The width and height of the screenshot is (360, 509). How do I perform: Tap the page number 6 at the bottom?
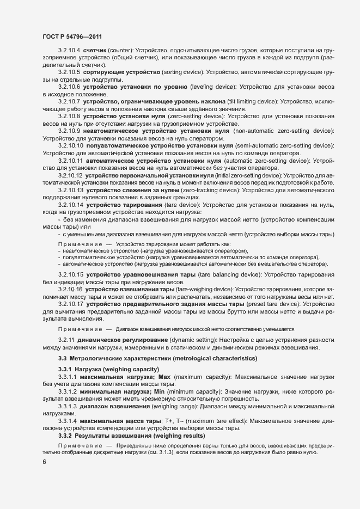click(x=44, y=462)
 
